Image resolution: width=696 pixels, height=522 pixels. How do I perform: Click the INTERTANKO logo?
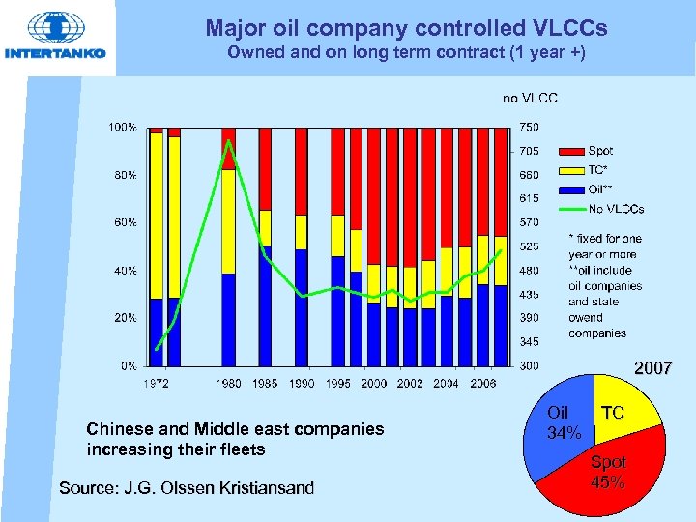point(56,37)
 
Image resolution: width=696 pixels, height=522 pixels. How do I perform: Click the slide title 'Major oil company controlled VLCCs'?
point(405,27)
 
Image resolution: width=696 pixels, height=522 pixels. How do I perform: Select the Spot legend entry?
point(599,151)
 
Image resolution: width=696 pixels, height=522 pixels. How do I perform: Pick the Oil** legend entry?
point(599,189)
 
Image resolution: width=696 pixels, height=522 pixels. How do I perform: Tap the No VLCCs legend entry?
point(615,209)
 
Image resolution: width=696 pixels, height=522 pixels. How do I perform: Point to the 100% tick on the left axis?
point(122,127)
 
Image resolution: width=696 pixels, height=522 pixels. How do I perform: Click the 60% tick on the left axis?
point(124,222)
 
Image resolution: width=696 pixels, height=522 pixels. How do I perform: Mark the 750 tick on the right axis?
point(529,127)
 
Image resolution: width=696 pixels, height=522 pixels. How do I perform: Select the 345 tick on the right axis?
point(529,342)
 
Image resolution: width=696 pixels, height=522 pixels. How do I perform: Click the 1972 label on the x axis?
point(158,384)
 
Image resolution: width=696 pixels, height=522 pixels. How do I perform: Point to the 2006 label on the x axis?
point(482,384)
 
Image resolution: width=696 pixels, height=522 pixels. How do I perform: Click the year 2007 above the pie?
point(652,367)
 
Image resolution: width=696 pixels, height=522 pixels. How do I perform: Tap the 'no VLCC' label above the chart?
point(530,98)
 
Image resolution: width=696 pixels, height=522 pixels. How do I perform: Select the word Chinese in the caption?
point(117,428)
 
